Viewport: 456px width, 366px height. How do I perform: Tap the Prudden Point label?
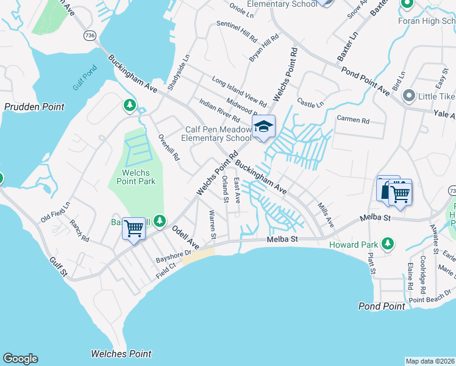(34, 107)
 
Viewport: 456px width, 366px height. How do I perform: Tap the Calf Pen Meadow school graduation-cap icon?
(264, 127)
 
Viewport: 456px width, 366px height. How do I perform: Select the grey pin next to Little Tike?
(408, 96)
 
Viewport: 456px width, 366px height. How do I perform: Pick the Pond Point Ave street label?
(365, 81)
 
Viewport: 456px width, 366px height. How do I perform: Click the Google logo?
(20, 359)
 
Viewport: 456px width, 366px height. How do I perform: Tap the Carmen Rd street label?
(353, 121)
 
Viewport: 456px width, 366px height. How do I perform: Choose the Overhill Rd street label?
(169, 147)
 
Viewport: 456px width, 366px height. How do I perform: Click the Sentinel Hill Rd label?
(237, 32)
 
